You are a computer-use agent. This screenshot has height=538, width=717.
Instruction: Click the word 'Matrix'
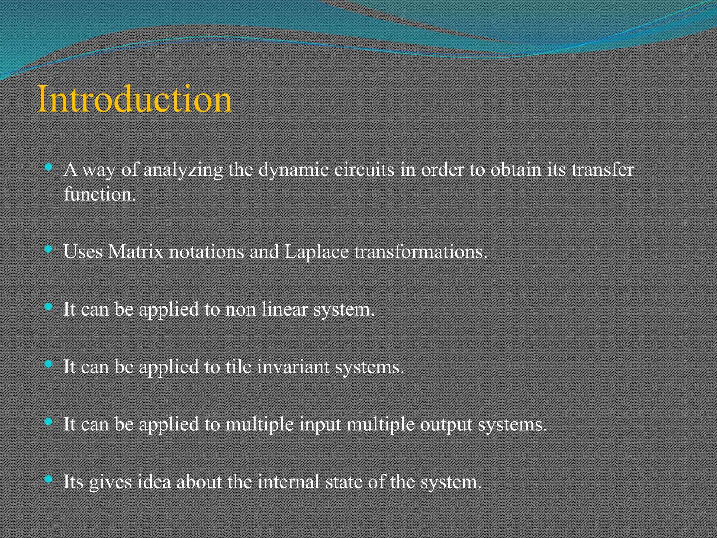(x=136, y=251)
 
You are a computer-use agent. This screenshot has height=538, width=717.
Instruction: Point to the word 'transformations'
(x=420, y=251)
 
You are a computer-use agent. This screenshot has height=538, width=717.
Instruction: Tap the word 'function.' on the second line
(x=100, y=194)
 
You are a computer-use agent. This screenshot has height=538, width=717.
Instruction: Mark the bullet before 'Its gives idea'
(x=49, y=478)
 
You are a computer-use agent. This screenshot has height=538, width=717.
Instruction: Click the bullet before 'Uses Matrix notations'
(x=49, y=249)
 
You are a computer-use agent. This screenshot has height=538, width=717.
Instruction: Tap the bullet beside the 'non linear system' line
(x=49, y=306)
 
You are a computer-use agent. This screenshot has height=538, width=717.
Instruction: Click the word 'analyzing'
(x=183, y=170)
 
